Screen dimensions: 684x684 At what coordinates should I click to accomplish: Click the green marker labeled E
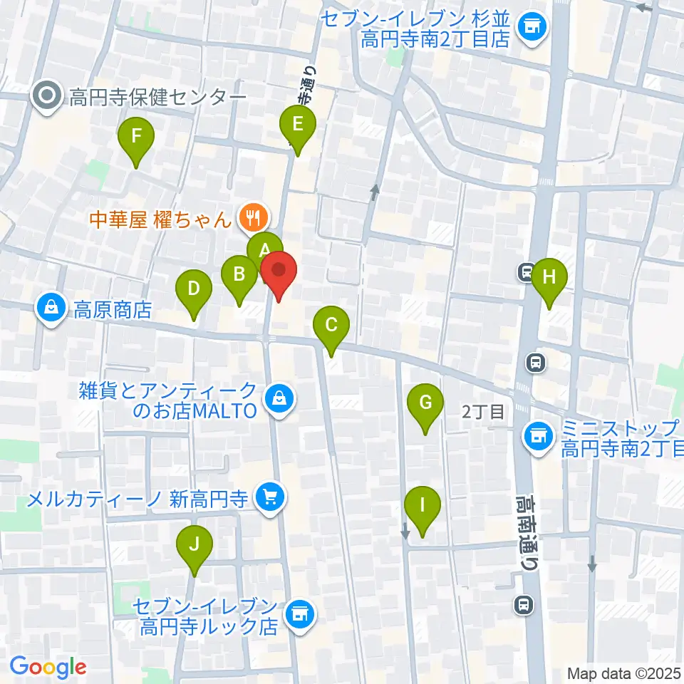(x=298, y=125)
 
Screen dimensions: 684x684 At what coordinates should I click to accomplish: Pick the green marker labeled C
(x=331, y=326)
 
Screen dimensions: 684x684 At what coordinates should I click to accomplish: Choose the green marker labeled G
(x=425, y=404)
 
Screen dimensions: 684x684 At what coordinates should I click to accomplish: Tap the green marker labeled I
(x=422, y=507)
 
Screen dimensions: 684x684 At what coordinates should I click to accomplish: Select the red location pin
(x=278, y=271)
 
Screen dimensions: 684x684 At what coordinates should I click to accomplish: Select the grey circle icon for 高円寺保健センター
(x=48, y=96)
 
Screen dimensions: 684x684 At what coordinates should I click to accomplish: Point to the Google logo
(x=48, y=667)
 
